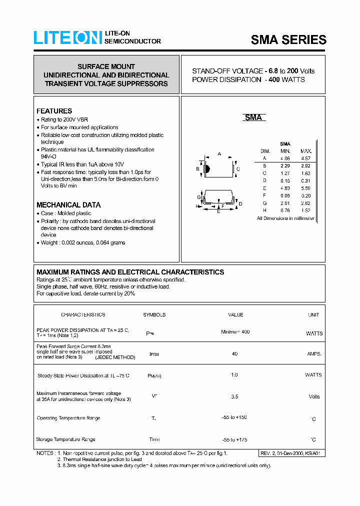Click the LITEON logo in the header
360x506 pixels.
[x=67, y=38]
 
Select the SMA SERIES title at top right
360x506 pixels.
[x=288, y=40]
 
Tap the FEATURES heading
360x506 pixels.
[x=54, y=111]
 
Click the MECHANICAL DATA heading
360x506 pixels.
[x=68, y=205]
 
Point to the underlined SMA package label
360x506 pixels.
[x=253, y=117]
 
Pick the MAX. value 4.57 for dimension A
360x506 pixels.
[x=305, y=158]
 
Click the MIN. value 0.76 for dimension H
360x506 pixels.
[x=285, y=210]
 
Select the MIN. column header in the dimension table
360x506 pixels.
[x=285, y=151]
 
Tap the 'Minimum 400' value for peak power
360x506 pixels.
[x=235, y=332]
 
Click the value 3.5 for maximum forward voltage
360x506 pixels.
[x=235, y=396]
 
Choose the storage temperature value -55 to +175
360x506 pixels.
[x=234, y=439]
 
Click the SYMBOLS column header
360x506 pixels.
[x=154, y=315]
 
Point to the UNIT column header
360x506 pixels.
[x=313, y=315]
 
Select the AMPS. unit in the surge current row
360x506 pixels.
[x=314, y=353]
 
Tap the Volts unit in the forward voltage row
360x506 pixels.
[x=314, y=396]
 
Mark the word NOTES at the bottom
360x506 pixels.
[x=45, y=453]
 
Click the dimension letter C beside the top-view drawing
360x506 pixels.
[x=238, y=169]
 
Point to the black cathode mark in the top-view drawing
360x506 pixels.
[x=207, y=169]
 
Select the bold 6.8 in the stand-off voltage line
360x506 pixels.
[x=273, y=71]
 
